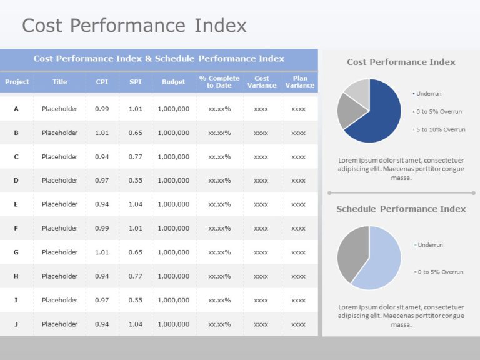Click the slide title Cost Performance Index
click(134, 26)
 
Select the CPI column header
click(102, 82)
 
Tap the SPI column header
click(135, 82)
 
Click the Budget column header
click(173, 82)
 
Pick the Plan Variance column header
click(299, 82)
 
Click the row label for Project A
click(16, 109)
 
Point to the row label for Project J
click(16, 324)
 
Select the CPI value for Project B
click(102, 132)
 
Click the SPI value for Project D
click(135, 181)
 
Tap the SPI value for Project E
click(135, 204)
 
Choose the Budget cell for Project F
click(173, 228)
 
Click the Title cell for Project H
click(59, 276)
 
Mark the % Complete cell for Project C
click(219, 157)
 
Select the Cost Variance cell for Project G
click(261, 252)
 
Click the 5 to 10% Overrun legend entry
click(441, 129)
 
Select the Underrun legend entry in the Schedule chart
click(430, 245)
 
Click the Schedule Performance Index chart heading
click(401, 209)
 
